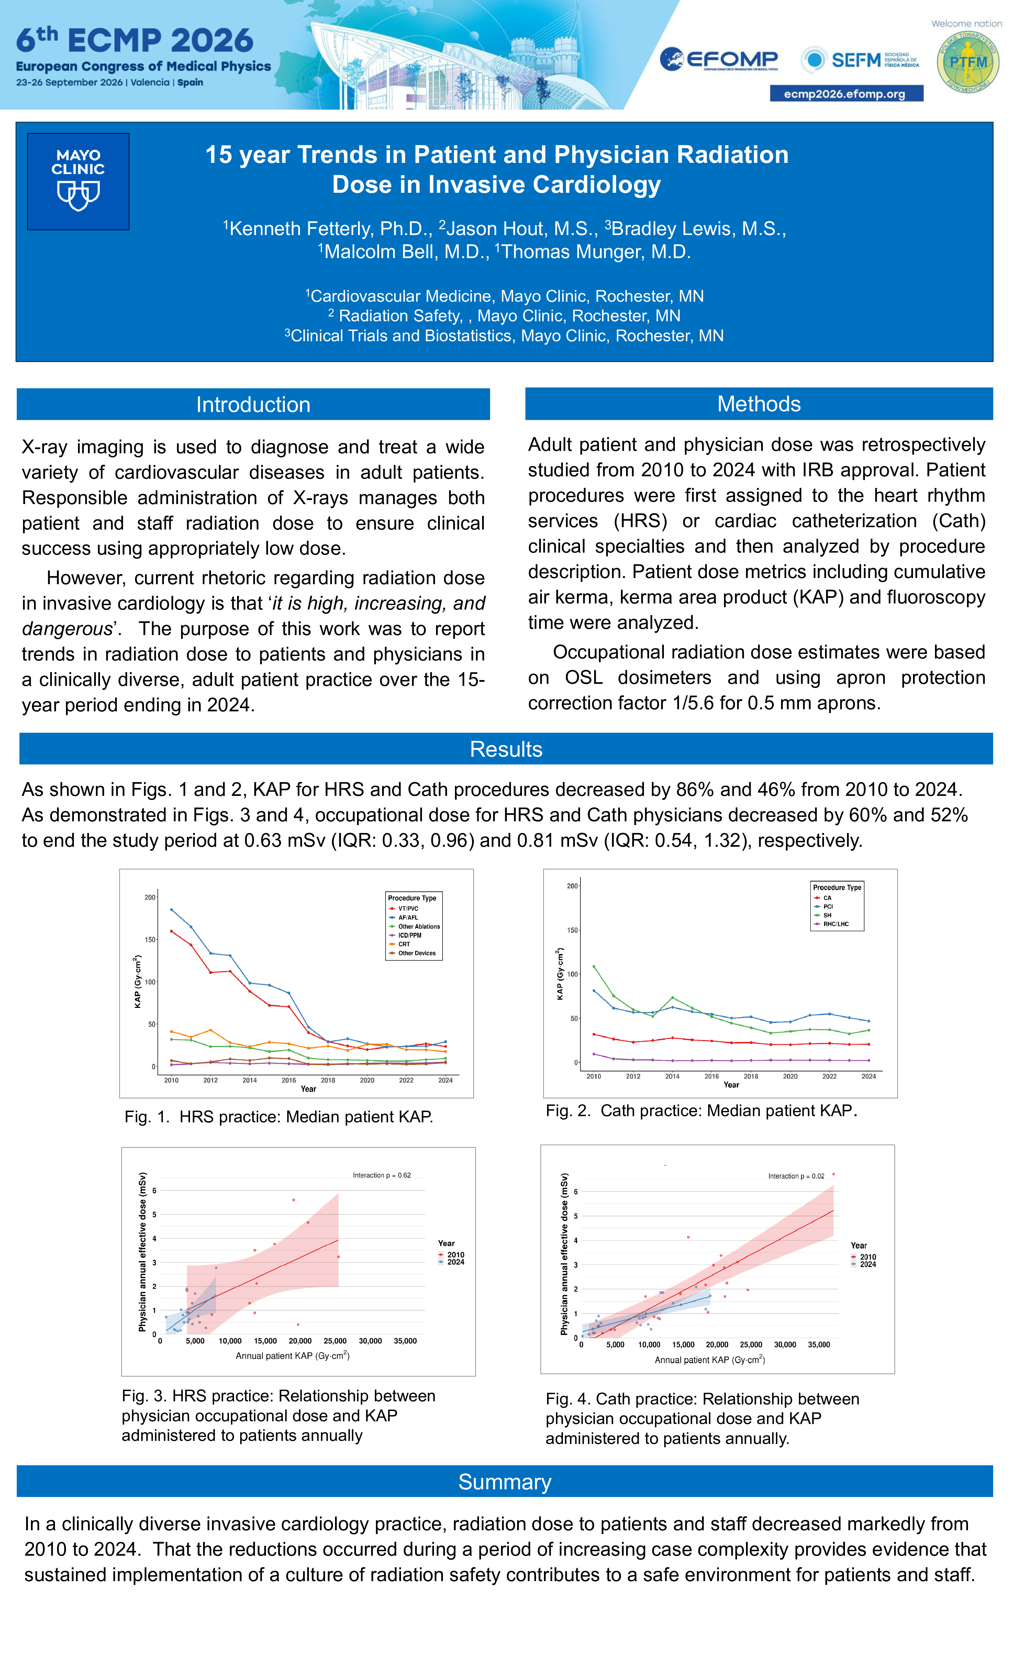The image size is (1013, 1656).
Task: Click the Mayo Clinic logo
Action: tap(78, 181)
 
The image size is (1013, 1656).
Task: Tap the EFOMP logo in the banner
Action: tap(719, 60)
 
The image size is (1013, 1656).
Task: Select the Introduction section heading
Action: tap(253, 404)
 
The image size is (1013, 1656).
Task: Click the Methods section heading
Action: tap(759, 404)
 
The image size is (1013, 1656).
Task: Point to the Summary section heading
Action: tap(505, 1481)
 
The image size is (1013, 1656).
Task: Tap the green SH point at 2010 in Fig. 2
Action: tap(593, 966)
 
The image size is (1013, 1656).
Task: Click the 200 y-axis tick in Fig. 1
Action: tap(150, 897)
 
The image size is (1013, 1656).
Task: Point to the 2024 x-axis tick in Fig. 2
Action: tap(868, 1076)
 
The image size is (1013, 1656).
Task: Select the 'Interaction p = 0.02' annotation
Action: tap(796, 1176)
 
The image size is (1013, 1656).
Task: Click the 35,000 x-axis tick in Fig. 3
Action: tap(405, 1341)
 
